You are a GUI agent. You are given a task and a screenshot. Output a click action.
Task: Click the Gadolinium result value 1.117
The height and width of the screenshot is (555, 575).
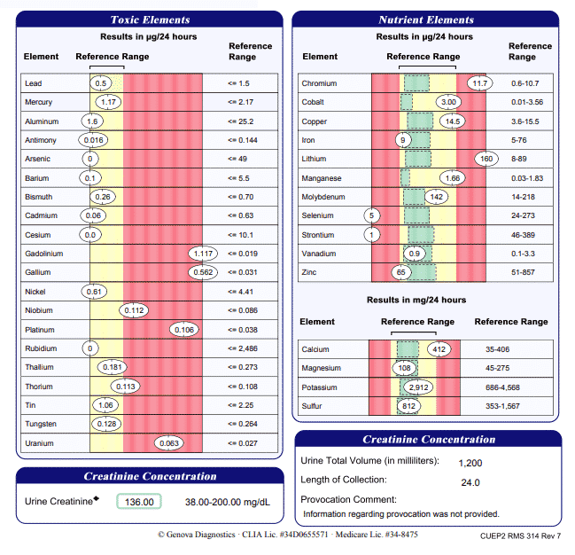click(202, 254)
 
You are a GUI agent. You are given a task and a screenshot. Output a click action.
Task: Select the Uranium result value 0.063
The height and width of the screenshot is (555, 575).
click(168, 442)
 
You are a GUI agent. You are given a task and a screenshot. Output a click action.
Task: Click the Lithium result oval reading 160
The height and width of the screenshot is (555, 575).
click(485, 159)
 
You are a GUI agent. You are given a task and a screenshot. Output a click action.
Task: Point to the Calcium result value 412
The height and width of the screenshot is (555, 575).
click(440, 349)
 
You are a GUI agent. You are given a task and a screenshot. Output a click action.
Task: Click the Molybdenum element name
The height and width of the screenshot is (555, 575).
click(323, 197)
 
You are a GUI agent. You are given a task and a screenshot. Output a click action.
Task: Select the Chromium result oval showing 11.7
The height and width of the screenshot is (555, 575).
click(480, 83)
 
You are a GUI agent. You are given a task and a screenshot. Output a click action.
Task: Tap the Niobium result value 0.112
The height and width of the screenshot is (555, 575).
click(135, 310)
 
